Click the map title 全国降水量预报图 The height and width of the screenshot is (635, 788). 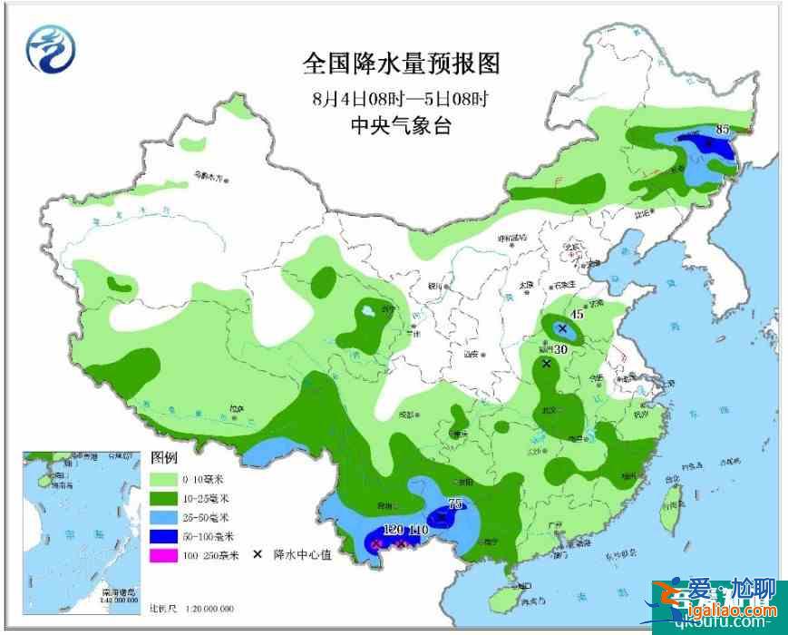click(401, 63)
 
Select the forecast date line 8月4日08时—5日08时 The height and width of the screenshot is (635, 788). click(401, 96)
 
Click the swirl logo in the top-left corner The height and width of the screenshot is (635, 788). click(50, 47)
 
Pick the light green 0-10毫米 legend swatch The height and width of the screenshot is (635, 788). click(163, 478)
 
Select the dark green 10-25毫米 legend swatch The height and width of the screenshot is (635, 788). click(163, 497)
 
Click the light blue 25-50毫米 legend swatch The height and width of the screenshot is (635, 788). click(163, 516)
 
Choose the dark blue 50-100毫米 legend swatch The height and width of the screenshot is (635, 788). click(163, 535)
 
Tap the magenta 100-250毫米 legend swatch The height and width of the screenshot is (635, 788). click(163, 554)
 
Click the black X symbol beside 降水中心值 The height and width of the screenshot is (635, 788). click(258, 554)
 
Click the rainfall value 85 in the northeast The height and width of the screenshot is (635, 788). click(723, 130)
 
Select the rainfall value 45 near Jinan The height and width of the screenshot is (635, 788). click(577, 313)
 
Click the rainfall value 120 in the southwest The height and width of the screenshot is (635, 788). click(393, 529)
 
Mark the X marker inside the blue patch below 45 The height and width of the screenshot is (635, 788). click(562, 327)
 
